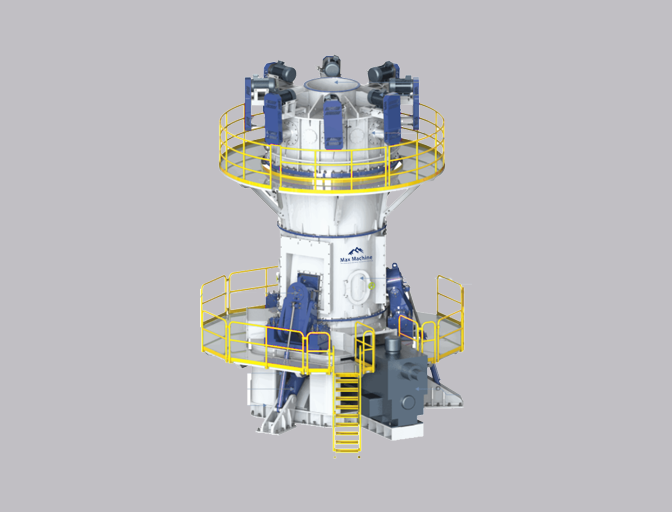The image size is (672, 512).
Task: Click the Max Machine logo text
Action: pyautogui.click(x=355, y=259)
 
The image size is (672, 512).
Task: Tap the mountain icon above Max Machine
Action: pyautogui.click(x=355, y=250)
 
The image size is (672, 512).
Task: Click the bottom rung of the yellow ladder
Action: pyautogui.click(x=346, y=444)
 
